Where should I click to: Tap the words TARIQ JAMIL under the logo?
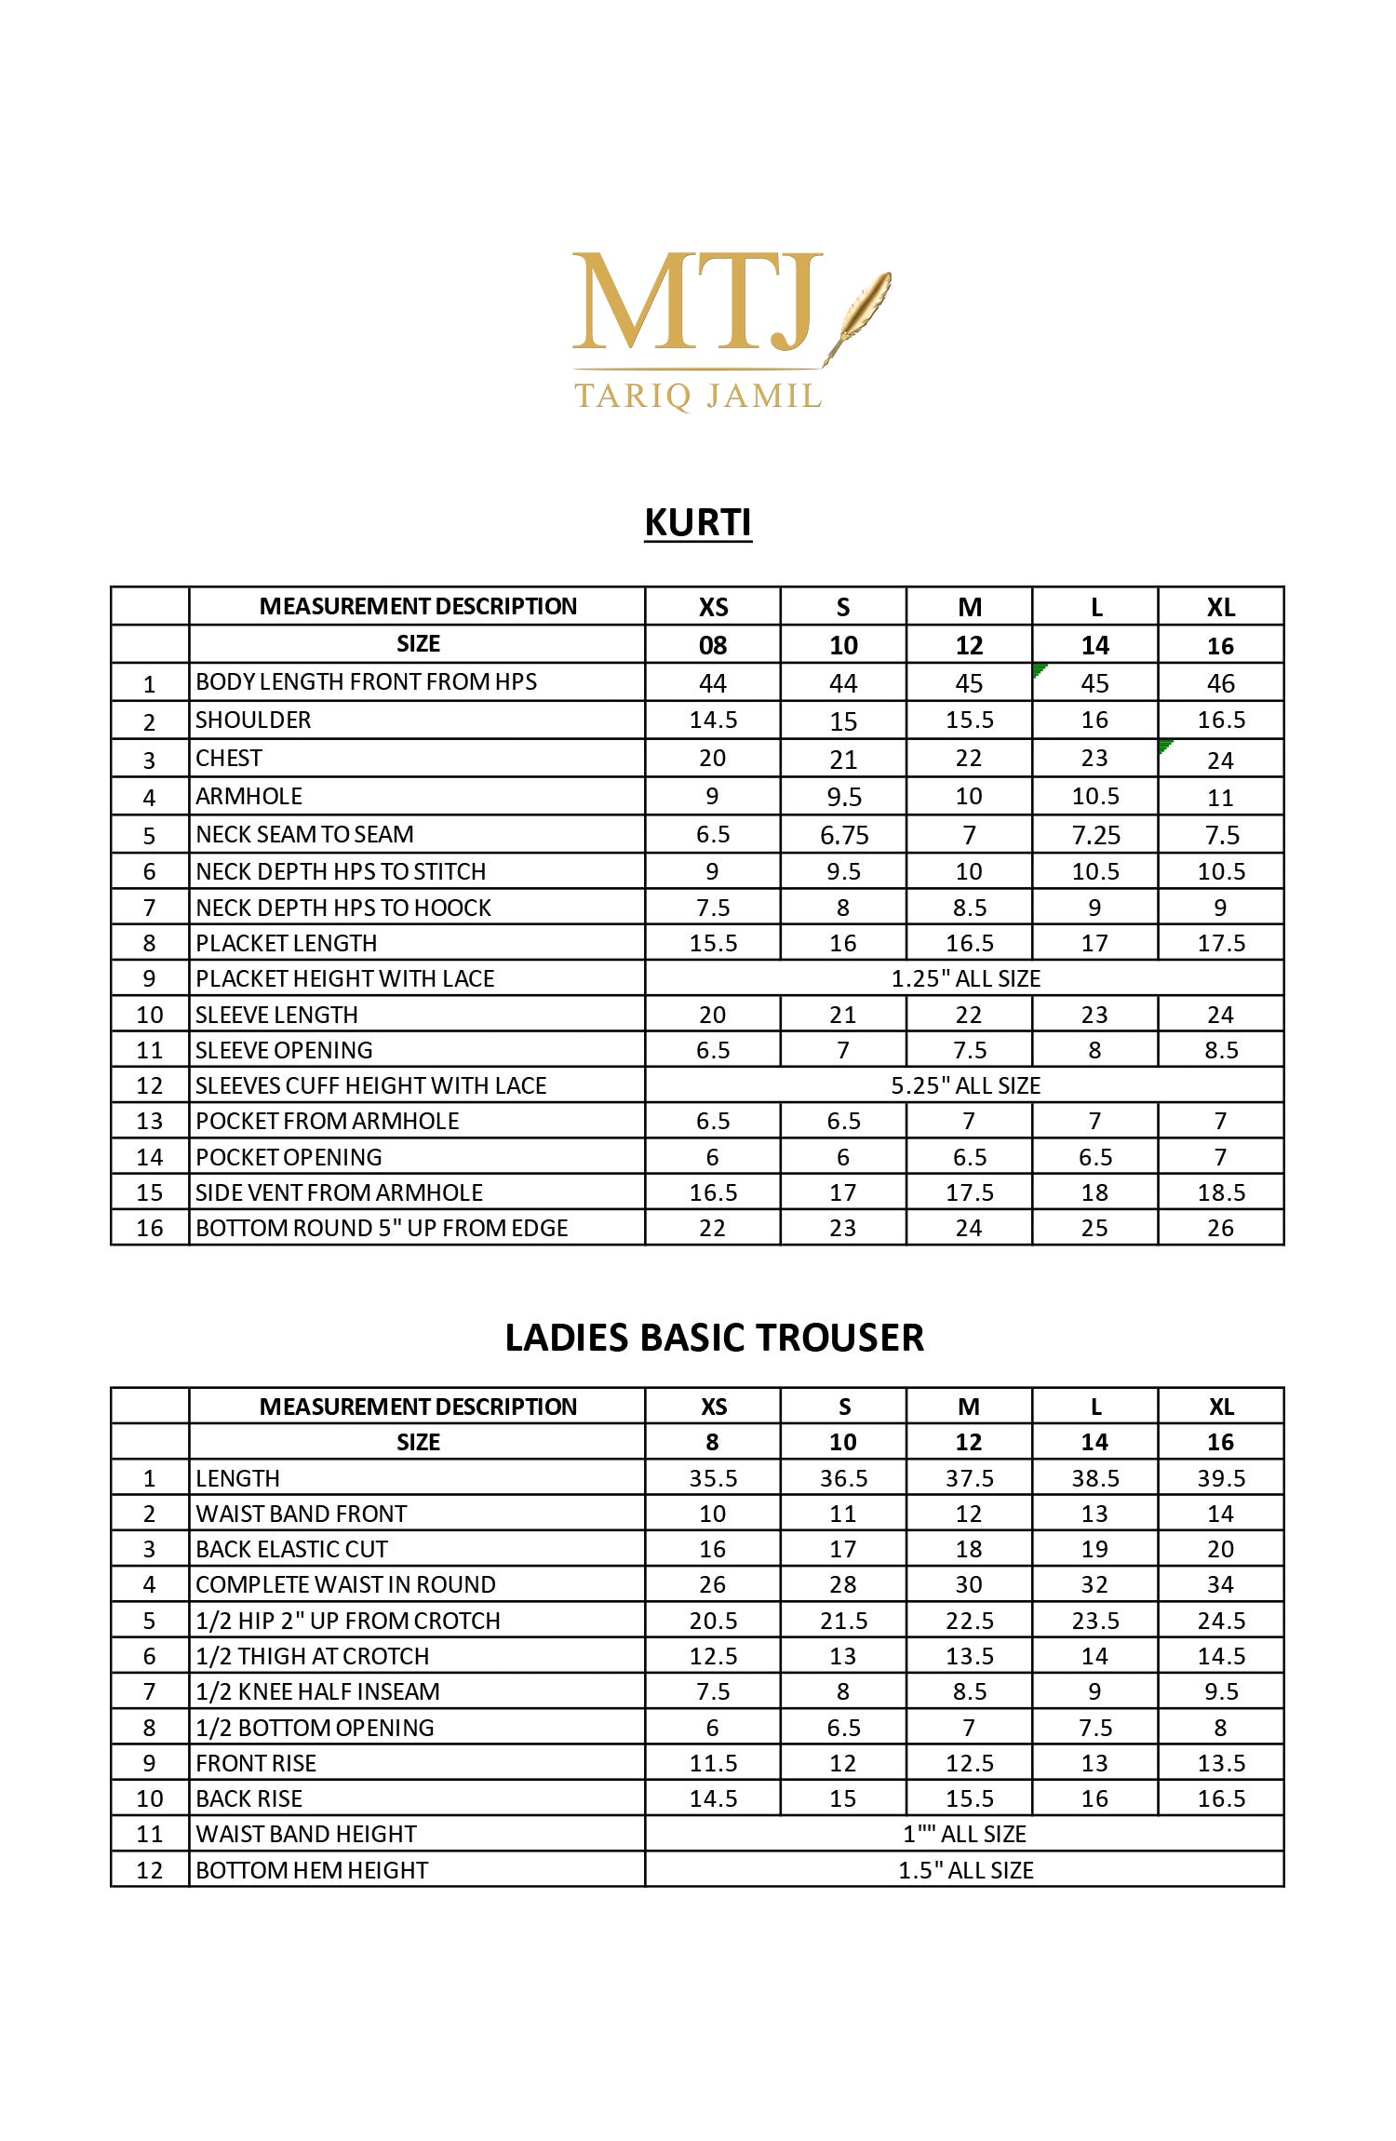698,396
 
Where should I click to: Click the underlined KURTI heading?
698,522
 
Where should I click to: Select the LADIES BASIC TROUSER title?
714,1338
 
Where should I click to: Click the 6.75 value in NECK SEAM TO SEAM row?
843,835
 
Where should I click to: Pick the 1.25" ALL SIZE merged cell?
965,978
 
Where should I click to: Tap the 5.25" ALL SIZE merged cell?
965,1085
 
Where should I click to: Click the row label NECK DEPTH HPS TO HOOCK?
342,908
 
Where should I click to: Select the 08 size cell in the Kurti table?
713,645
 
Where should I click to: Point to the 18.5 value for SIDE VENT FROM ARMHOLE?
1220,1192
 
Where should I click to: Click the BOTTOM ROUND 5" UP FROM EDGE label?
381,1228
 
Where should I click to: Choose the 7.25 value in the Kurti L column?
1095,835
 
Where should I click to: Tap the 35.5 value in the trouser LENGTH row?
713,1478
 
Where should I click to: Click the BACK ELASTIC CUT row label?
290,1549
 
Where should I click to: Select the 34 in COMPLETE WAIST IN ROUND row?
1220,1584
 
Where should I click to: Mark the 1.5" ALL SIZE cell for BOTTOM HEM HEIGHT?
965,1870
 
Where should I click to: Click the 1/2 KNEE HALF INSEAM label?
316,1691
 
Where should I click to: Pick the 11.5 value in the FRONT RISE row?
713,1763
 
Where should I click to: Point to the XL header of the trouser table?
1220,1407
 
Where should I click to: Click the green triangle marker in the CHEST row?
1165,746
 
